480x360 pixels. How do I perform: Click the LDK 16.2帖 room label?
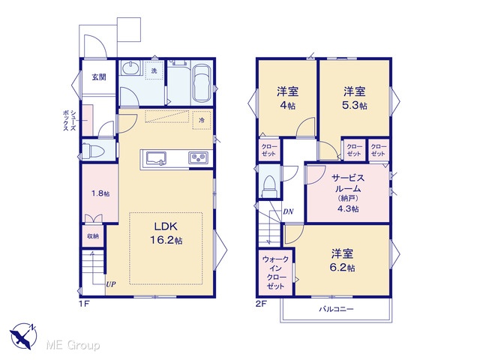point(166,233)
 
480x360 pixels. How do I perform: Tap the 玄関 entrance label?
point(99,76)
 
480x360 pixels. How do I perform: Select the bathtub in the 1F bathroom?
point(202,83)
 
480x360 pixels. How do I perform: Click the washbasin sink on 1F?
point(131,68)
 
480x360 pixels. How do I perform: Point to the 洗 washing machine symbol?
point(154,70)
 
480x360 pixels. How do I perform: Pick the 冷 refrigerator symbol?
point(202,120)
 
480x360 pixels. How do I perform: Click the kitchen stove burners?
point(198,158)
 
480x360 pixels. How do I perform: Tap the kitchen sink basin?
point(156,158)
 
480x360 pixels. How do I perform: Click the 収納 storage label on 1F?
point(93,236)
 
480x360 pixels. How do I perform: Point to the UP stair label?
point(111,284)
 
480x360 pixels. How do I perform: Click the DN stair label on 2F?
point(288,211)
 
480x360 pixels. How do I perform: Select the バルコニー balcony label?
point(337,309)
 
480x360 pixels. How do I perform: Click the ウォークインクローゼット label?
point(275,273)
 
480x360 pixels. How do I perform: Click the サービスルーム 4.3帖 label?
point(348,193)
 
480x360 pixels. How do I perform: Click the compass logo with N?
point(23,336)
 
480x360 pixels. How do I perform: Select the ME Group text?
point(73,345)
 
